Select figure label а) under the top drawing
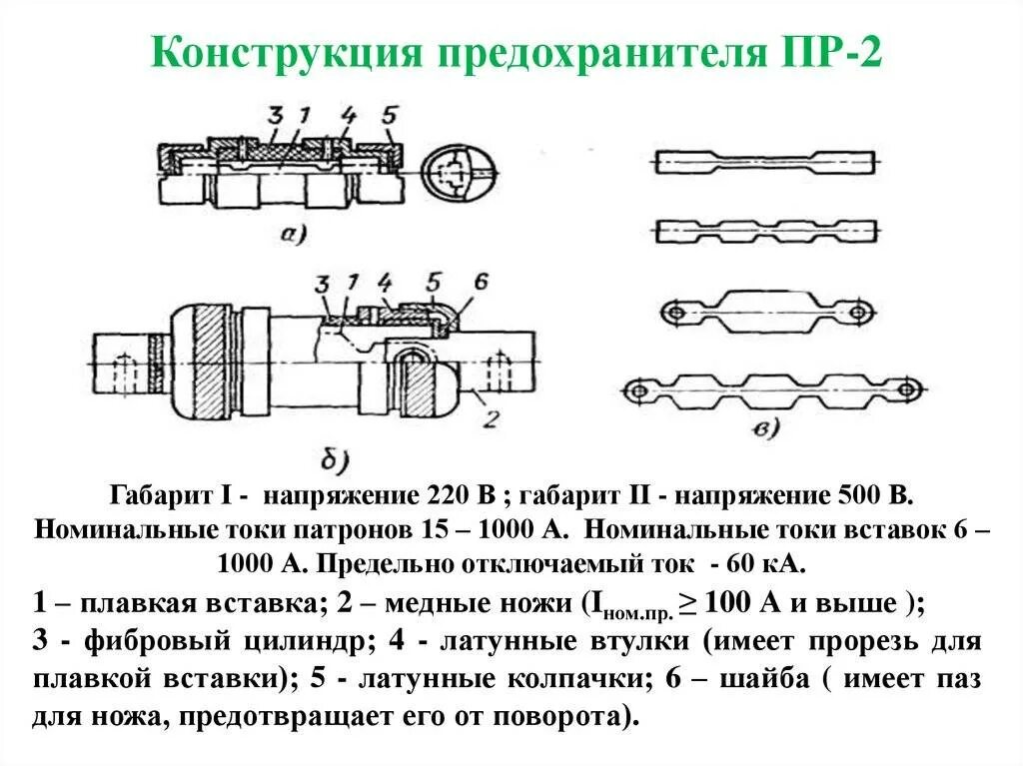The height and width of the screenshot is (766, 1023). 293,235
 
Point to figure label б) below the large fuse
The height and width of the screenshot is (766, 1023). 333,460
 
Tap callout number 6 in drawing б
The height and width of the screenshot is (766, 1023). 481,283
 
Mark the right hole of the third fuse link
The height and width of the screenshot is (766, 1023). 856,314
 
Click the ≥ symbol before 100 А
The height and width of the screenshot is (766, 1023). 687,604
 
